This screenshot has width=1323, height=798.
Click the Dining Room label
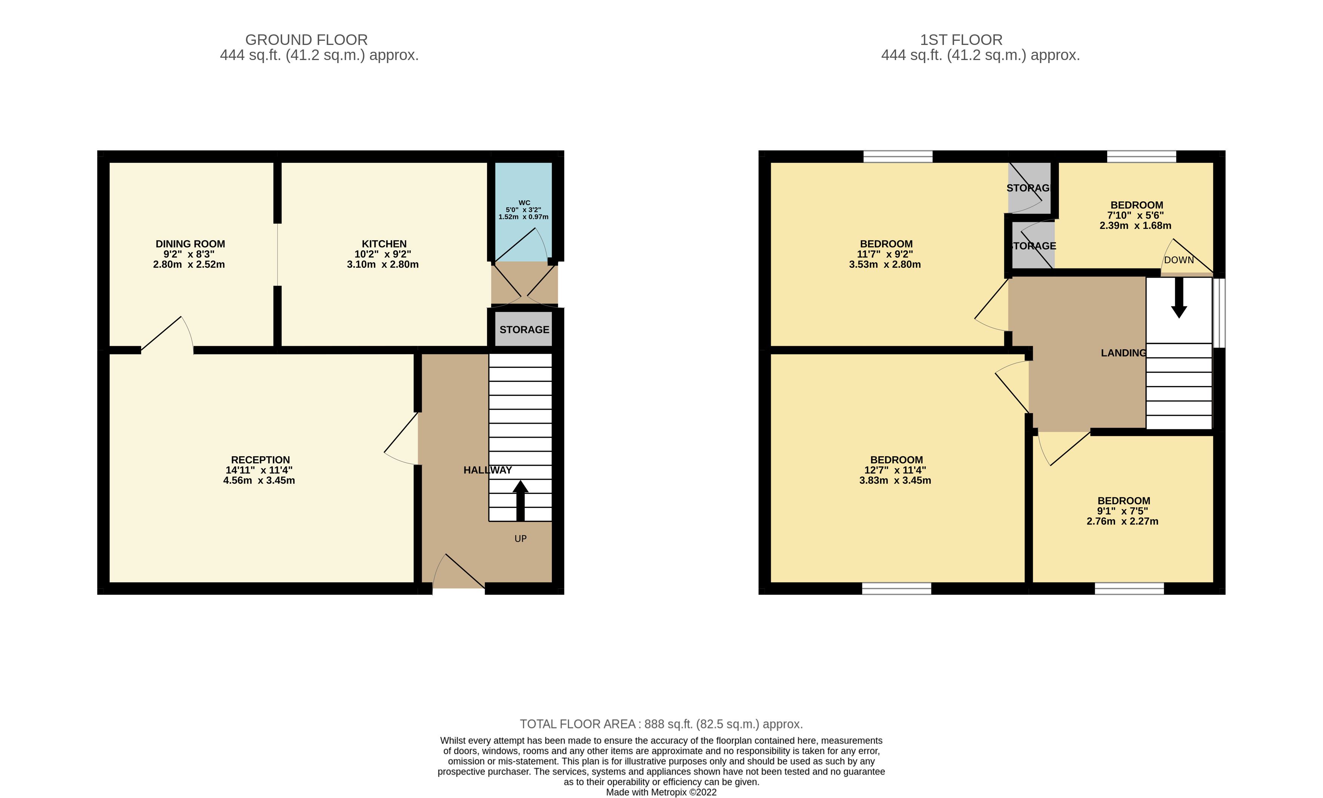190,244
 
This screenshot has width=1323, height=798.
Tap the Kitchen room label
384,244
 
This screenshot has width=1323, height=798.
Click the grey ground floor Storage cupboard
524,329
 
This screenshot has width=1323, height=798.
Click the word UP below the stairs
520,539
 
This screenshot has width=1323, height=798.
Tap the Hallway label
487,470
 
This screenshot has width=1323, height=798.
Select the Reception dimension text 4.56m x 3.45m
259,480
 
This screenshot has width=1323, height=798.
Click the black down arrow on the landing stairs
1179,298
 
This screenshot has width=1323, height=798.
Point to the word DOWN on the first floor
1179,260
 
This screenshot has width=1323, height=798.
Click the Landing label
1123,353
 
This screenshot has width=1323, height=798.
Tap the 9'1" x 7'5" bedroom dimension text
1123,511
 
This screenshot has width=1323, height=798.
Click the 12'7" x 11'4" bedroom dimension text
895,470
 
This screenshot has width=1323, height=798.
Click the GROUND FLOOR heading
307,40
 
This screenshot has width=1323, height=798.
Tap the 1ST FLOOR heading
961,40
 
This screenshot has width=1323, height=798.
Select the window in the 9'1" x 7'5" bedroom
1129,588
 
